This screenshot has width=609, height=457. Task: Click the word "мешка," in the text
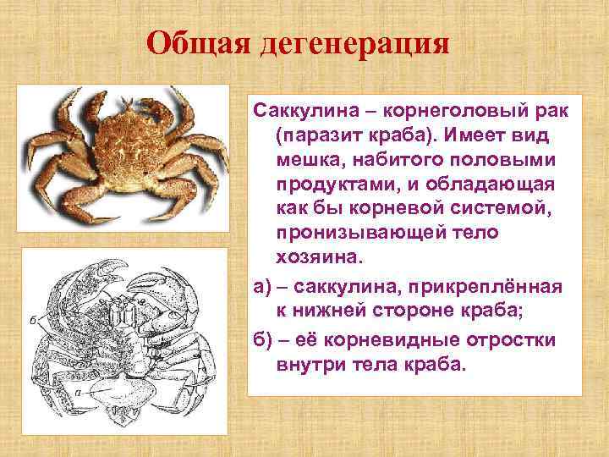312,160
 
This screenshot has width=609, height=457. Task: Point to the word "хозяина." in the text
313,255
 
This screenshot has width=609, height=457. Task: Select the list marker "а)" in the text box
263,286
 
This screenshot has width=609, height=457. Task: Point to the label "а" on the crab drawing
79,392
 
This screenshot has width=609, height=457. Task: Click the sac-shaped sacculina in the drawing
128,394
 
